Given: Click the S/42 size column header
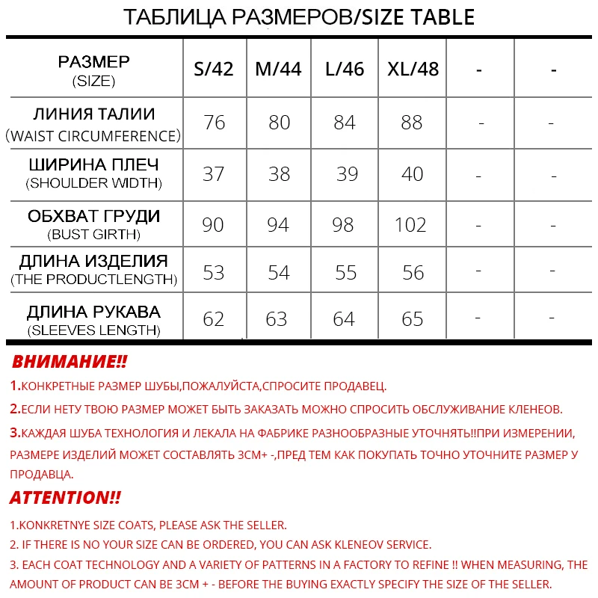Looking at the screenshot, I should (214, 70).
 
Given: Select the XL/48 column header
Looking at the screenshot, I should (413, 70).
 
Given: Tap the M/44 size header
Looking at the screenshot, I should (278, 70).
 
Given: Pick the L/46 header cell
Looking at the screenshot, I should (345, 70).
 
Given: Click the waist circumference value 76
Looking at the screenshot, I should (215, 123).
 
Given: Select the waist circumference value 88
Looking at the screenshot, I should (412, 123).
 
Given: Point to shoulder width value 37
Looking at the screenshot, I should (214, 174).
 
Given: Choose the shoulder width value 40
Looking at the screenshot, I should (412, 174).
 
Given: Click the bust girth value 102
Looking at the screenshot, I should (410, 225).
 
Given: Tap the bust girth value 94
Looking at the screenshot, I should (278, 225).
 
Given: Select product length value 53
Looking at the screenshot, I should (214, 273).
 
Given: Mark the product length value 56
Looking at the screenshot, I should (413, 273).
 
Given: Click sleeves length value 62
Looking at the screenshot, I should (214, 320).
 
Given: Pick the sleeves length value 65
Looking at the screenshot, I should (412, 320).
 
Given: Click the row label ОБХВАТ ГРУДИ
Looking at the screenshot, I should (94, 217).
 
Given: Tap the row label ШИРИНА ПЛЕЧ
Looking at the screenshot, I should (94, 164).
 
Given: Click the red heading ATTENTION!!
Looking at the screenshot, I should (65, 498).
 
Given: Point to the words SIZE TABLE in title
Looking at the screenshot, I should (419, 16).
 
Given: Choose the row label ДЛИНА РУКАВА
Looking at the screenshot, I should (94, 312).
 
